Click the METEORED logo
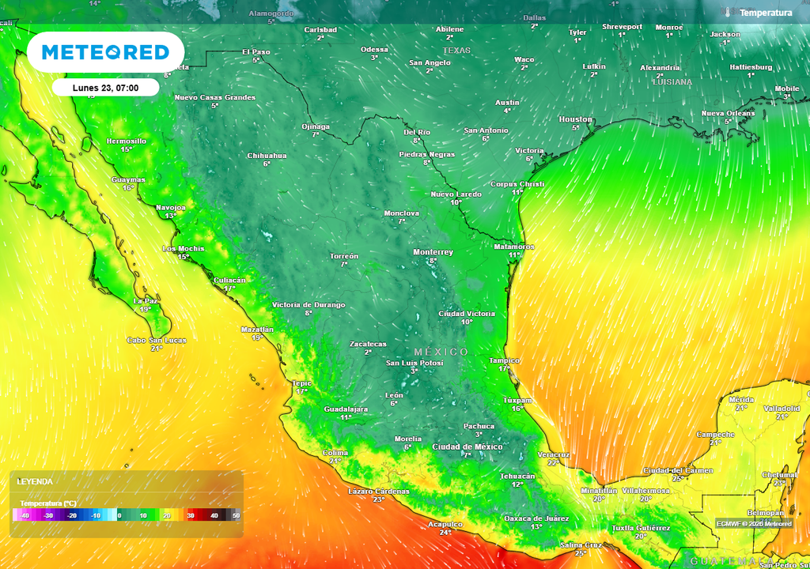105,52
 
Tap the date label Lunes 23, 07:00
106,88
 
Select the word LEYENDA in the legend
35,481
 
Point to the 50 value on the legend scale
236,515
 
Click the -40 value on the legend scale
25,515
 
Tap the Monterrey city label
433,252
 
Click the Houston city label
575,119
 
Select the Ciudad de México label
467,447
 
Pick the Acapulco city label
445,524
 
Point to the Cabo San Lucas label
157,340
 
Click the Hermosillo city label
127,141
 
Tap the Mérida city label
741,400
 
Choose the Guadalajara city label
346,409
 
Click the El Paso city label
256,51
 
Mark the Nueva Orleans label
728,113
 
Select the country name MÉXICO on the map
441,352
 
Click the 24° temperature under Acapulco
445,533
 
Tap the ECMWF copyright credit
754,523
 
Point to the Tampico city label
504,360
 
